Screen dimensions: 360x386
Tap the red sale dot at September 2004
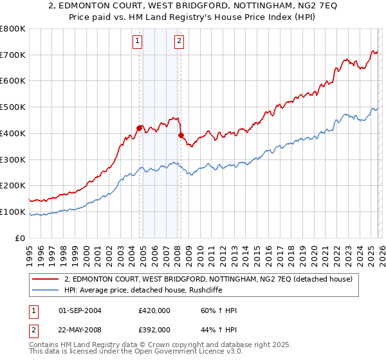click(x=139, y=127)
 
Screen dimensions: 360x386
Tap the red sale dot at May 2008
click(x=181, y=135)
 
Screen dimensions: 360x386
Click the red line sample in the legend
click(x=46, y=280)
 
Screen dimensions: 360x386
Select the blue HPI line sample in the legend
click(x=46, y=290)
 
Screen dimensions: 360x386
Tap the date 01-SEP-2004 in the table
click(x=80, y=310)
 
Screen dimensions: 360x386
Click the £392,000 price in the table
click(x=154, y=330)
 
